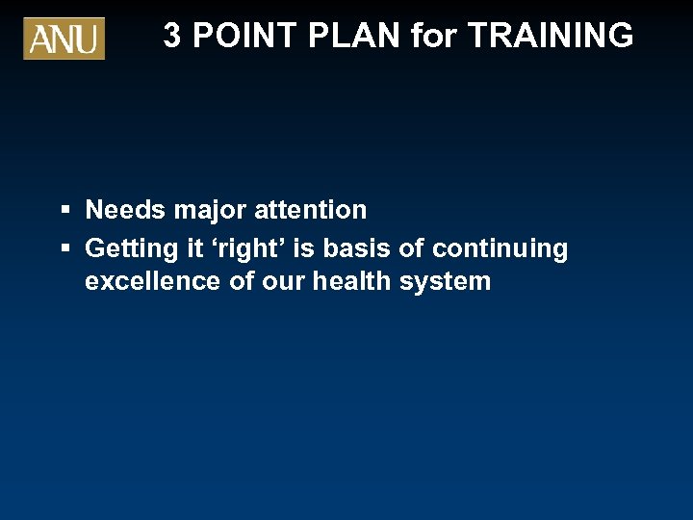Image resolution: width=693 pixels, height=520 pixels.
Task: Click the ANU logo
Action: [x=64, y=39]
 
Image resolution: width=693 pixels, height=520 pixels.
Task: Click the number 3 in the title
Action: [x=172, y=36]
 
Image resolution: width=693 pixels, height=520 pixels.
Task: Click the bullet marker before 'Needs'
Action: [x=65, y=210]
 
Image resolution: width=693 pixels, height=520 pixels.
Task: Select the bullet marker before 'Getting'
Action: [x=65, y=248]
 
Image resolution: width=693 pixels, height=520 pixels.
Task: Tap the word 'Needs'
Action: [x=125, y=210]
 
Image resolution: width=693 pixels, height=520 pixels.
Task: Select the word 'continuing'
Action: [x=500, y=248]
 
